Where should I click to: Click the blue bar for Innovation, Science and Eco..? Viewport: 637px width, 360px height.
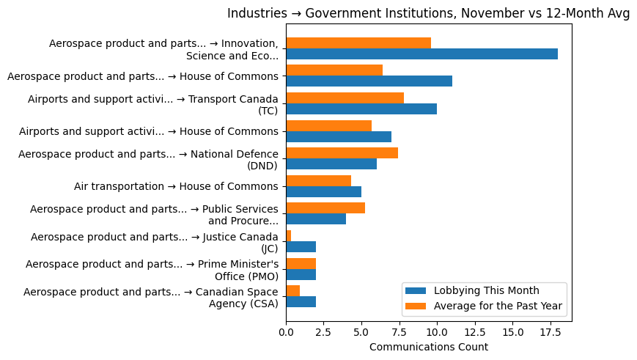click(421, 54)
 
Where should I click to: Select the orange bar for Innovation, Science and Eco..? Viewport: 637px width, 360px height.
click(358, 43)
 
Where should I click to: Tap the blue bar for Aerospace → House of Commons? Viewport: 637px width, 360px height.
click(369, 81)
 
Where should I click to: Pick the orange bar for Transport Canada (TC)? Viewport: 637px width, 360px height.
click(345, 98)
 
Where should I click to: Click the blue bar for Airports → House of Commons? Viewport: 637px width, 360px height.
click(339, 136)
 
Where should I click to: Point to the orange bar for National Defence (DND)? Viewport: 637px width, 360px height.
click(342, 153)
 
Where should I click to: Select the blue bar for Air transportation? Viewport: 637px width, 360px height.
click(323, 191)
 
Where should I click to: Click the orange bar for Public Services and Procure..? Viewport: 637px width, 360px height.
click(325, 207)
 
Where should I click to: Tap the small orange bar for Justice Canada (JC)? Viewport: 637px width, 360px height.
click(288, 235)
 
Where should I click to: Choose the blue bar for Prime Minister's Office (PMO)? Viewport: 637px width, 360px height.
click(301, 274)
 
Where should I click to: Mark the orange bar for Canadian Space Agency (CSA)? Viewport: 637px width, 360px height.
click(292, 290)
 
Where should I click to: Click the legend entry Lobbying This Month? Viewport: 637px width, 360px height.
click(486, 290)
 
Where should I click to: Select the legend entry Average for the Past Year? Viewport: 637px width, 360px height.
click(498, 306)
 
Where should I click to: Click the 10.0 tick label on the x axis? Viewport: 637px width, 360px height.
click(437, 331)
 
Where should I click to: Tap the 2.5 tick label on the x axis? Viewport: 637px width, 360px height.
click(323, 331)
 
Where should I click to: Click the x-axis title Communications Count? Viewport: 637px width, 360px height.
click(428, 347)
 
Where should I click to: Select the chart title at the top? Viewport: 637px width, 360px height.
click(428, 13)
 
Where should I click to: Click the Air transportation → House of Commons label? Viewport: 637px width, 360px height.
click(176, 186)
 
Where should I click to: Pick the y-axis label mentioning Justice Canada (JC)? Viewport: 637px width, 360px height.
click(154, 242)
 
